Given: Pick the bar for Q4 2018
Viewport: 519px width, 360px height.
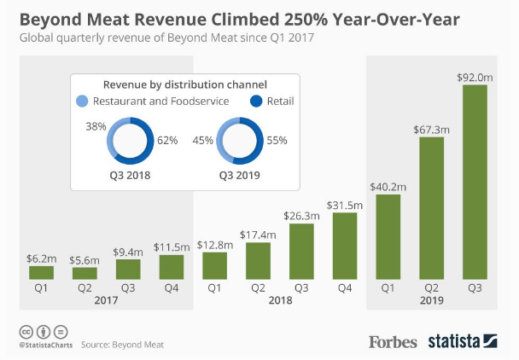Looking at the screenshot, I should click(343, 246).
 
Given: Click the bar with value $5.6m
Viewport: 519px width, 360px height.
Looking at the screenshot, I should click(85, 273).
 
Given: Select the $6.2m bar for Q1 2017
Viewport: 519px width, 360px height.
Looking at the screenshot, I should click(41, 272).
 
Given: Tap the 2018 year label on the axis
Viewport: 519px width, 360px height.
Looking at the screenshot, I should click(278, 301).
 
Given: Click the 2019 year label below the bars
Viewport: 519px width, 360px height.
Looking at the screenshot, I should click(432, 301).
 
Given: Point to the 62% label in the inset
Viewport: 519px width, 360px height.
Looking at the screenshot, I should click(168, 140).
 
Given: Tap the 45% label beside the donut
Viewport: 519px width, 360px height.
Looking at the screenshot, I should click(201, 140).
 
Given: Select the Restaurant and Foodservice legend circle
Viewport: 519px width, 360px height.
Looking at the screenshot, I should click(82, 102).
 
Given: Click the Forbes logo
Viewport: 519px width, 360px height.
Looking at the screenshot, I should click(393, 341).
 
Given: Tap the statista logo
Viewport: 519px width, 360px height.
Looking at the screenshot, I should click(466, 341).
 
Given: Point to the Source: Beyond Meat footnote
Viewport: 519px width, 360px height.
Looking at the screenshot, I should click(123, 345).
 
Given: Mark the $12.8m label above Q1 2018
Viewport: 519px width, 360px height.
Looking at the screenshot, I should click(213, 243).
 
